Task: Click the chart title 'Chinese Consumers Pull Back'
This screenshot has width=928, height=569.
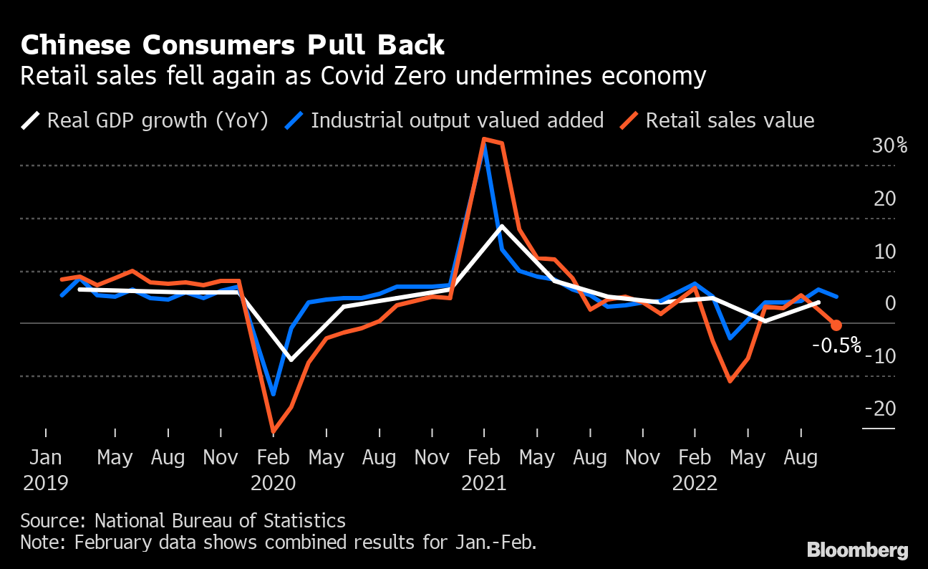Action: point(233,45)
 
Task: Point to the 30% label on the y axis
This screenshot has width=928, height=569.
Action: point(890,146)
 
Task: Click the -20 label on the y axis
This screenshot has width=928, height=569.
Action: point(880,408)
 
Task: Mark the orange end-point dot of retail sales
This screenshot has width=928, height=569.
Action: point(836,325)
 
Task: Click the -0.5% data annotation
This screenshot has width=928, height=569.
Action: point(836,345)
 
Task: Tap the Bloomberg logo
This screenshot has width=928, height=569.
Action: point(858,550)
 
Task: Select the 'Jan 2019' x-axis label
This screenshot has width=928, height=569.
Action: point(46,469)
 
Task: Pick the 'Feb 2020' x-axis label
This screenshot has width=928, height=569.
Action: point(274,469)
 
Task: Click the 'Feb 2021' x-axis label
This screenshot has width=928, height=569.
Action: point(484,469)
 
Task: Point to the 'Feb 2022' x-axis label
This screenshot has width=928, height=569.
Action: point(695,469)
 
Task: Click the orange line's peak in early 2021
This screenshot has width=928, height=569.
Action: point(485,139)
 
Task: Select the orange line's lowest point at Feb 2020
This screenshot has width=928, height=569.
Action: point(274,431)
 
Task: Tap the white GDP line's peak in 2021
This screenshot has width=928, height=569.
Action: point(502,226)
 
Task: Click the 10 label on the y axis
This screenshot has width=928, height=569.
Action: point(885,252)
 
